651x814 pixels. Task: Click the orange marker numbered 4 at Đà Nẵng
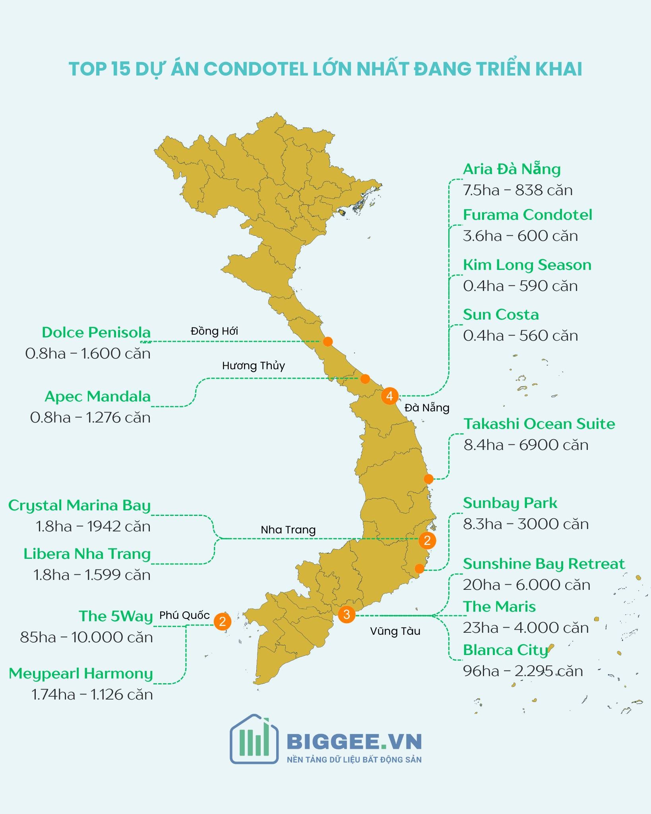[389, 396]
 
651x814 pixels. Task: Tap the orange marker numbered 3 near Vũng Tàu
[347, 614]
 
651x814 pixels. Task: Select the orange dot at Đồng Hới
[328, 341]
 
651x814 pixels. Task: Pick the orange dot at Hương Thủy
[365, 378]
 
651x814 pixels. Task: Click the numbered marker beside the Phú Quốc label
[223, 621]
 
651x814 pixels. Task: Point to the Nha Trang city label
[288, 530]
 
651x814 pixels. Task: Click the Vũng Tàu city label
[395, 631]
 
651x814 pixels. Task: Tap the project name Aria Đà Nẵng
[511, 169]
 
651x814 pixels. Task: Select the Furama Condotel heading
[527, 215]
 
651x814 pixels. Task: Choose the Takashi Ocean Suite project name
[539, 424]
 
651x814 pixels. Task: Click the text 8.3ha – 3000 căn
[525, 524]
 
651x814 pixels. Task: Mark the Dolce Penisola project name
[96, 333]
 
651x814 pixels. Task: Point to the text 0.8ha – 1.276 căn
[91, 418]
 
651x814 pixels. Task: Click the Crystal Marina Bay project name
[79, 506]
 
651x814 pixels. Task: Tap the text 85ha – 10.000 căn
[87, 638]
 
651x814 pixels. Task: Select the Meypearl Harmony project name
[81, 674]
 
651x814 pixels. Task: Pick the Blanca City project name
[506, 650]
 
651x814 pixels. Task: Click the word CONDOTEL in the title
[256, 69]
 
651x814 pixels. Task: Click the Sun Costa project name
[501, 315]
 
